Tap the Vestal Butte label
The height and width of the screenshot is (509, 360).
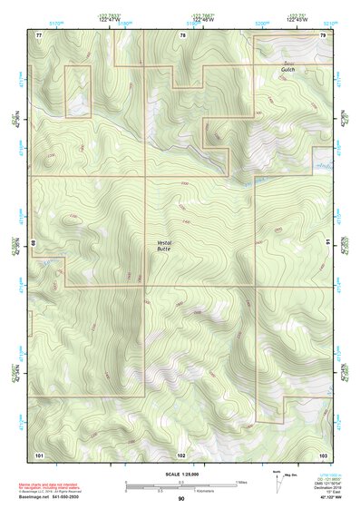point(163,245)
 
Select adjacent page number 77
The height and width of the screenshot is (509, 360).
point(39,34)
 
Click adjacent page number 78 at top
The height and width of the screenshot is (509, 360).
point(183,34)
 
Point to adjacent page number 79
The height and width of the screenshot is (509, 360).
point(323,34)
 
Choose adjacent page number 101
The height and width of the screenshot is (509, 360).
point(39,454)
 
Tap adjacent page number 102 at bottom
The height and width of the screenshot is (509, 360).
point(181,454)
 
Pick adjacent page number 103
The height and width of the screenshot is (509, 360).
point(323,454)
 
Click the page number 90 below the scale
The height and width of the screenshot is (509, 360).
point(181,499)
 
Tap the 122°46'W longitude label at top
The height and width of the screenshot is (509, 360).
point(203,18)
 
